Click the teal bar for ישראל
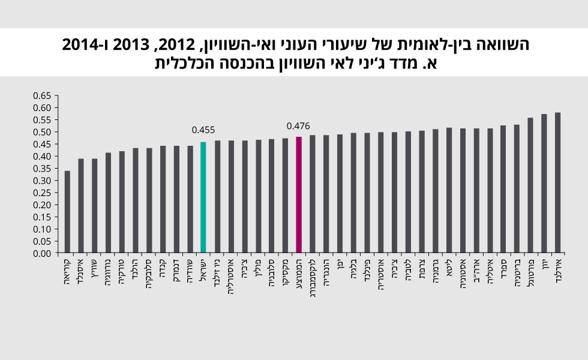coord(203,197)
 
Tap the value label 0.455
coord(203,130)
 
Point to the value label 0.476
coord(298,126)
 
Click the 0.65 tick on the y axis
coord(43,96)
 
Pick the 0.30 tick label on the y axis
coord(43,181)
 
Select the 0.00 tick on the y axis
coord(43,253)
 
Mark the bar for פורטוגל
coord(530,185)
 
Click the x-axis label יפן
coord(340,265)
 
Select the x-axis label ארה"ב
coord(476,271)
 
